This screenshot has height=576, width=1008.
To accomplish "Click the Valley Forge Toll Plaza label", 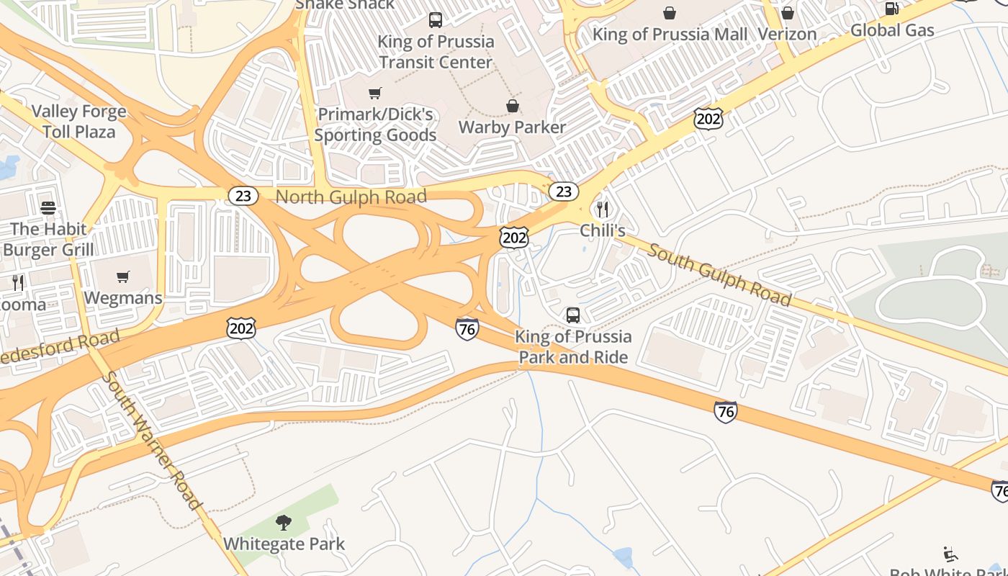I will tap(78, 122).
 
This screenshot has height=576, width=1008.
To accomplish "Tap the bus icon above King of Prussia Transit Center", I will tap(436, 19).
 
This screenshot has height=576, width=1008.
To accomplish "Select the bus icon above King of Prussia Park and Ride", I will tap(573, 315).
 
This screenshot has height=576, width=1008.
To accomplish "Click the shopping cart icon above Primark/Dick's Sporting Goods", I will tap(374, 93).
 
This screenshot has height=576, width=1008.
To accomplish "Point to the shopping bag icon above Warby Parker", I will tap(513, 106).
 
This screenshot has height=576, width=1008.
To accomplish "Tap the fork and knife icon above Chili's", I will tap(603, 210).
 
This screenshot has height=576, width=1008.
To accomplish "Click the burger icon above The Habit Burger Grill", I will tap(48, 208).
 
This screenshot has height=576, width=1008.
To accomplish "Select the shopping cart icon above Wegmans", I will tap(123, 276).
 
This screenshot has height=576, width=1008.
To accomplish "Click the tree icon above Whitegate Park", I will tap(284, 522).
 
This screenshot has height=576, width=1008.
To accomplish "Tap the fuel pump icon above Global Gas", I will tap(891, 9).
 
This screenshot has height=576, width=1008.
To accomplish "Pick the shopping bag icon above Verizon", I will tap(788, 13).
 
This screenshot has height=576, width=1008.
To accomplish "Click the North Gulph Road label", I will tap(351, 197).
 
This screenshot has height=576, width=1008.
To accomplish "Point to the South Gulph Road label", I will tap(719, 274).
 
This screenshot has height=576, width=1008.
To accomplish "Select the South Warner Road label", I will tap(150, 440).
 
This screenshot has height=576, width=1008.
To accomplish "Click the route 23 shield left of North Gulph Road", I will tap(243, 195).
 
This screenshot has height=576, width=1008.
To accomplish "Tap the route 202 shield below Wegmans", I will tap(240, 328).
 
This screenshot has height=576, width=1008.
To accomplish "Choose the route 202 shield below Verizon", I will tap(708, 119).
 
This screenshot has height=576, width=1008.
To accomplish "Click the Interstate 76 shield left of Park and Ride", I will tap(467, 329).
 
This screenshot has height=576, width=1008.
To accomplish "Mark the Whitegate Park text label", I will tap(284, 544).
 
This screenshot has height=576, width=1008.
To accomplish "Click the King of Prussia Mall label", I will tap(670, 34).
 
